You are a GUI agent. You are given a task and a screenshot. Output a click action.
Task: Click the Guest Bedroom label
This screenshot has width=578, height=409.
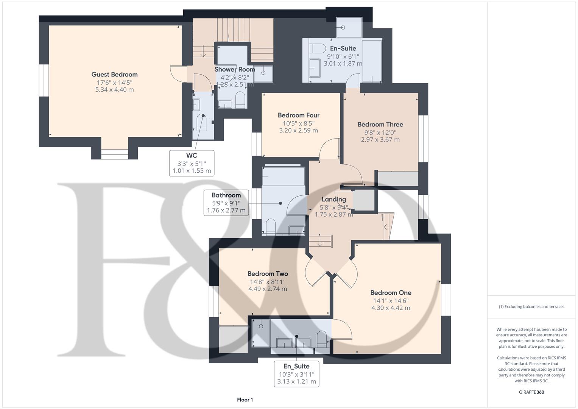point(114,75)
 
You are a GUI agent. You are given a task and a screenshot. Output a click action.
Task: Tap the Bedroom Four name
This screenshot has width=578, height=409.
point(298,115)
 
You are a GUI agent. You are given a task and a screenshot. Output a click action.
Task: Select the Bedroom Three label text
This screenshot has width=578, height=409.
point(380,124)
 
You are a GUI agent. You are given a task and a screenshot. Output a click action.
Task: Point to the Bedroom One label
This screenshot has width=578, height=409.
point(391,293)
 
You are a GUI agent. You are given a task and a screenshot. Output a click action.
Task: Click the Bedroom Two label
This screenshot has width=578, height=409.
point(268,274)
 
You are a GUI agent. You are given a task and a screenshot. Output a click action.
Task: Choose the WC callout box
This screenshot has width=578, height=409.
point(192,163)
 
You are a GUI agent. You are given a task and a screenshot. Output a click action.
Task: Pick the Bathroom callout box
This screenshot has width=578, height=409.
point(226,203)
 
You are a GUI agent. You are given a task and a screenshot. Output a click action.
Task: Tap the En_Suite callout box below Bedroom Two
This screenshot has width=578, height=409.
point(296,374)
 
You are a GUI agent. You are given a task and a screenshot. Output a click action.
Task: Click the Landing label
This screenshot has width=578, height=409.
point(333,199)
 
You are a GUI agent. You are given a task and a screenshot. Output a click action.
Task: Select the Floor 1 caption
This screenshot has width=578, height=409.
point(245,400)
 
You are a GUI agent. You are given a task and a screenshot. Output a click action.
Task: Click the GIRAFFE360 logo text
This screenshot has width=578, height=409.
point(531,392)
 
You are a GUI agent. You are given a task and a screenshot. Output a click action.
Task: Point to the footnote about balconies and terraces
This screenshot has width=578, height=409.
point(531,307)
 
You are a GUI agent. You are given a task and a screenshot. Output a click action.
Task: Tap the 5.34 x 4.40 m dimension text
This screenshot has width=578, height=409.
point(114,90)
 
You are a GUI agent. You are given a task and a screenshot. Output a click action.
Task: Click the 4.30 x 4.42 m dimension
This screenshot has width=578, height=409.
point(391,308)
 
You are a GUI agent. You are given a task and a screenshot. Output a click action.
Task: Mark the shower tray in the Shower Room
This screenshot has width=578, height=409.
point(263,73)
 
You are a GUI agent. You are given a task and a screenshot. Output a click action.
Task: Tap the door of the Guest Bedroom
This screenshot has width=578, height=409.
point(178,73)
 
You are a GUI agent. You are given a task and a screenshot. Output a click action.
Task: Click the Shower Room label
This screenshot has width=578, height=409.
point(235,69)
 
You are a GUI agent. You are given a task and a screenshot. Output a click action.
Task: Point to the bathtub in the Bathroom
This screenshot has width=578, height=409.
point(283,176)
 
